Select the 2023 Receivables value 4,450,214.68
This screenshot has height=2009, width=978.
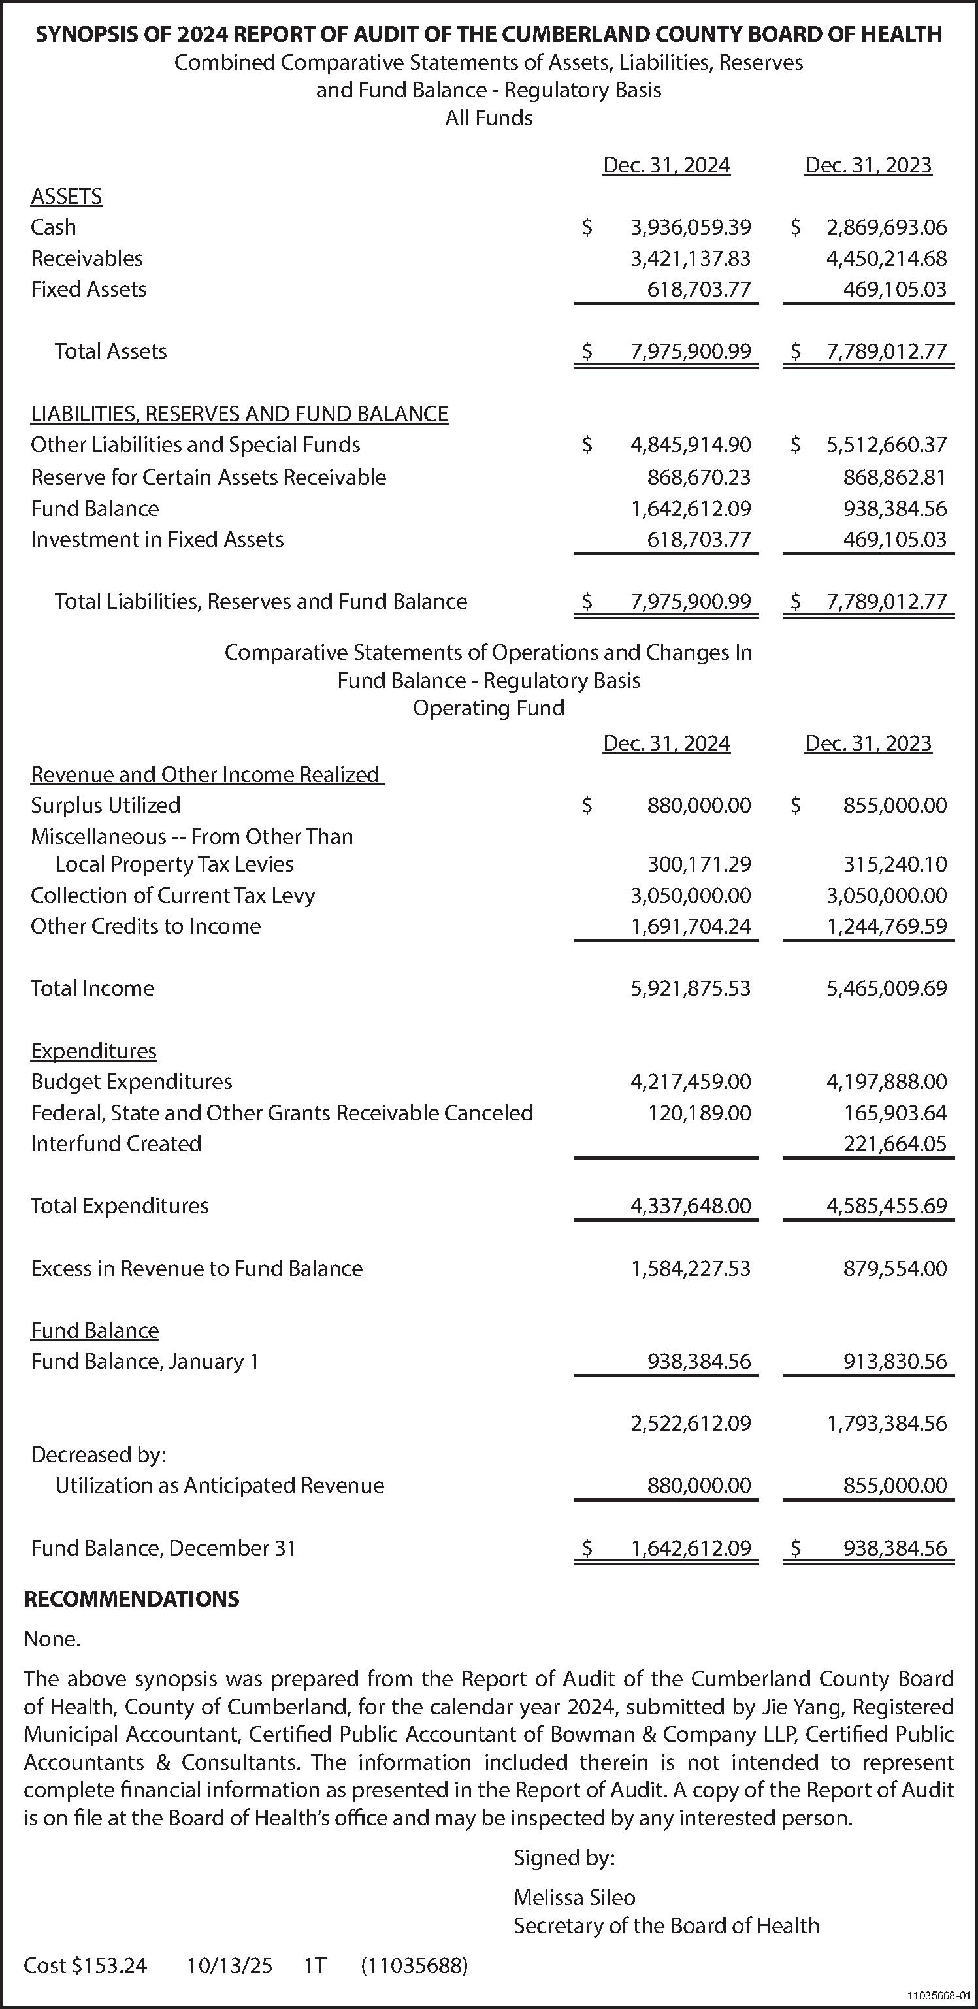click(886, 258)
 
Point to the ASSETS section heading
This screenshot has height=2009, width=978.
click(66, 196)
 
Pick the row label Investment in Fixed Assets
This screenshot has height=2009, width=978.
click(157, 539)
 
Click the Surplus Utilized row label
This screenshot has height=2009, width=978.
click(105, 805)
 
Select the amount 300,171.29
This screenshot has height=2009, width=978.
click(699, 864)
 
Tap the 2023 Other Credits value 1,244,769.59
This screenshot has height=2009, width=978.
click(886, 926)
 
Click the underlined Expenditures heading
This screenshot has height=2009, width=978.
click(93, 1051)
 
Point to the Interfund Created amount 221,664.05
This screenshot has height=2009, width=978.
click(894, 1143)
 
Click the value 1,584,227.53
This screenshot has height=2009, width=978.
click(690, 1268)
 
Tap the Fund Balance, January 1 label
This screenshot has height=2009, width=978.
click(144, 1361)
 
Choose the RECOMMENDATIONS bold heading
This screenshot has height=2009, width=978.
click(131, 1599)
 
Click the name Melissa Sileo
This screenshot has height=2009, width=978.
click(574, 1897)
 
